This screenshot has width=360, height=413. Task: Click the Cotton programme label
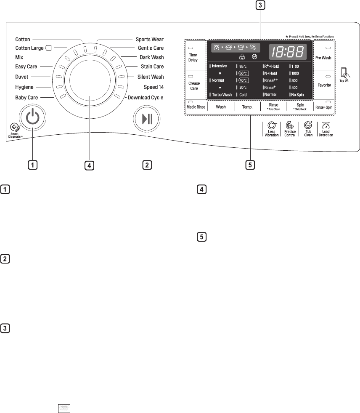click(x=22, y=40)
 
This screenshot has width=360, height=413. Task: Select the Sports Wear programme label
click(x=150, y=40)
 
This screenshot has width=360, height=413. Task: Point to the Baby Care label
click(x=27, y=97)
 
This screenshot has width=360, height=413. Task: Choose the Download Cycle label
click(x=146, y=97)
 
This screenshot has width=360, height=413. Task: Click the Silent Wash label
click(x=151, y=77)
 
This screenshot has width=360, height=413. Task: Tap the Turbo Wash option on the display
click(x=221, y=95)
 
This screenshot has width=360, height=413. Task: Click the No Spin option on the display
click(x=298, y=95)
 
